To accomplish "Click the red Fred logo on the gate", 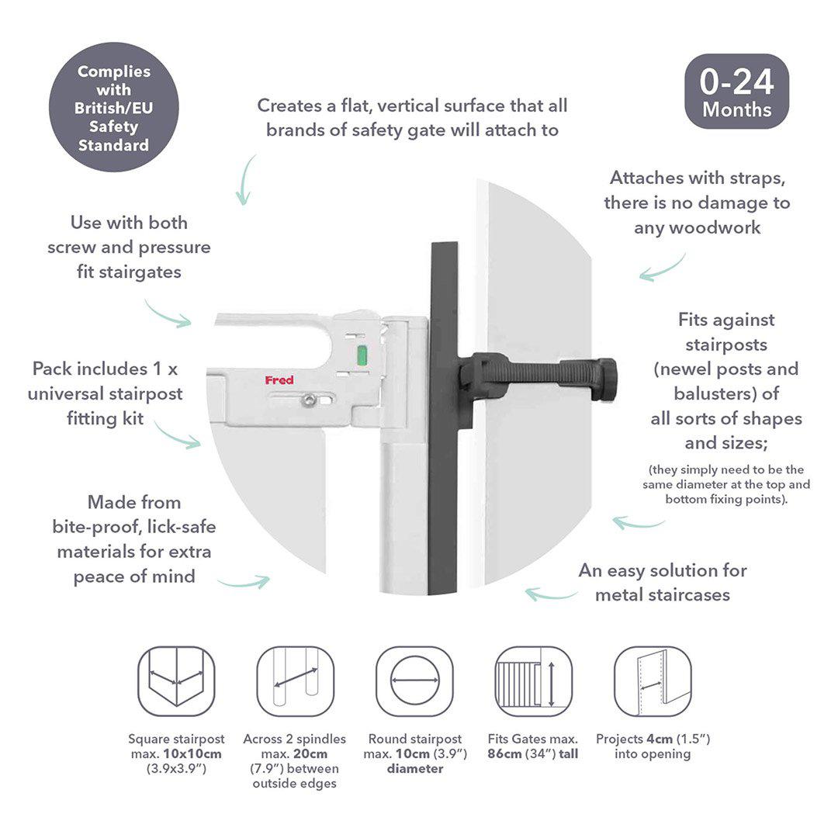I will pos(279,380).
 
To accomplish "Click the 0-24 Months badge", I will pos(736,92).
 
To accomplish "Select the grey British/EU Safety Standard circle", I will pos(113,107).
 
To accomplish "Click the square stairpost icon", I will pos(176,681).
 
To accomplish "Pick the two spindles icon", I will pos(295,681).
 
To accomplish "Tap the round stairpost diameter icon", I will pos(414,681).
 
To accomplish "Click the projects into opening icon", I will pos(653,681).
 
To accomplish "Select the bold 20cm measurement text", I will pos(312,753).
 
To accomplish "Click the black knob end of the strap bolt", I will pos(605,379).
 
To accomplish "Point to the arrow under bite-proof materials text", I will pos(244,581).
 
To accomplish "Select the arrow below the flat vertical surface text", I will pos(246,179).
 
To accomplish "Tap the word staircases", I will pos(692,595).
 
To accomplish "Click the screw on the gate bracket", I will pos(310,400).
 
